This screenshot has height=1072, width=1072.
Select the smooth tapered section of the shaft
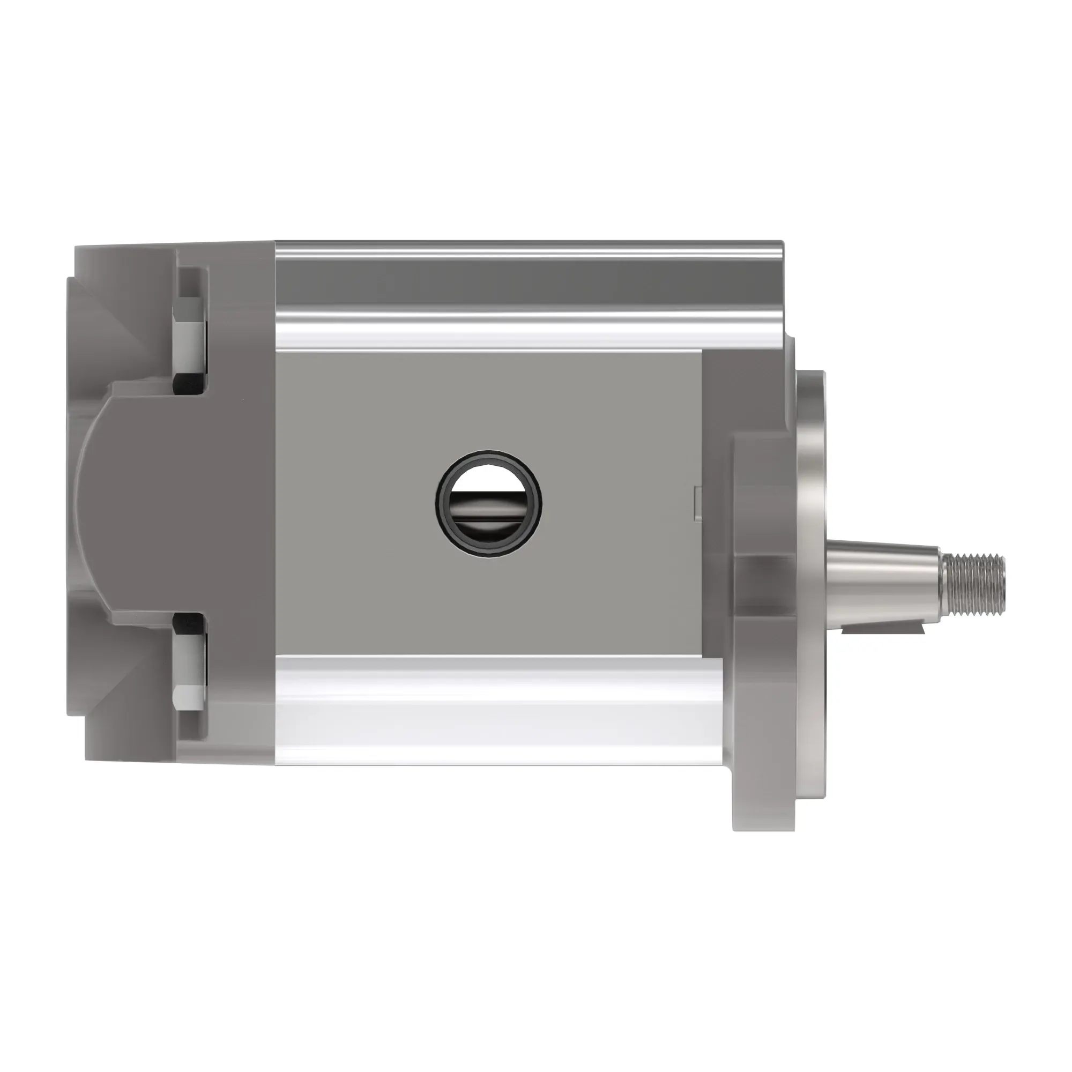(x=882, y=584)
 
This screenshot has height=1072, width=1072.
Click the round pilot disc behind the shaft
(x=811, y=500)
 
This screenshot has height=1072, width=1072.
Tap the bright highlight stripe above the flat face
(x=527, y=333)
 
